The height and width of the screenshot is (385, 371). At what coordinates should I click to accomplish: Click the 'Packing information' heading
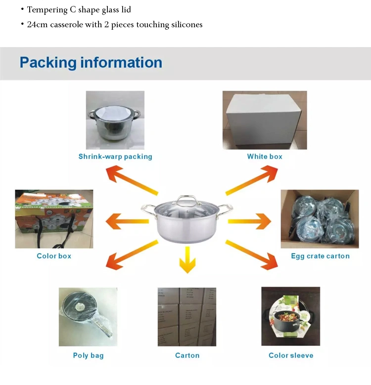(91, 62)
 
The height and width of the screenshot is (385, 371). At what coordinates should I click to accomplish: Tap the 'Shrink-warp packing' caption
(115, 157)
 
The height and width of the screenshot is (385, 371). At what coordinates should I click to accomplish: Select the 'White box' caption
(265, 157)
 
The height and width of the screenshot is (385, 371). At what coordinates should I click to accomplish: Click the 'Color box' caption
(54, 256)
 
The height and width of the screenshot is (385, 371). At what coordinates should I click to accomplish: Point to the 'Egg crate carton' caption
(320, 256)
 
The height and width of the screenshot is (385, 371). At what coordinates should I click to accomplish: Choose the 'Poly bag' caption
(88, 356)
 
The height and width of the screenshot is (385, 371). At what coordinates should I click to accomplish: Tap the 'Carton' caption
(187, 355)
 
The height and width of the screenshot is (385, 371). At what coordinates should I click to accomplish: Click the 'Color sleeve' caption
(291, 355)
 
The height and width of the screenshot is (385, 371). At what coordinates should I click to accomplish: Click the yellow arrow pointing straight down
(187, 260)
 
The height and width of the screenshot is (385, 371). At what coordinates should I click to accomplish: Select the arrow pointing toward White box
(252, 180)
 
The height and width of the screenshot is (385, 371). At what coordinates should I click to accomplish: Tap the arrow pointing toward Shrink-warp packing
(132, 180)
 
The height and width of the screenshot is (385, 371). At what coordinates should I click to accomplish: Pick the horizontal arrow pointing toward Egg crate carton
(249, 221)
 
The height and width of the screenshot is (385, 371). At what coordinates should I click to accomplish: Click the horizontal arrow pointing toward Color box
(127, 221)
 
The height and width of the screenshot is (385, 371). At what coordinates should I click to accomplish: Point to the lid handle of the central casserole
(187, 198)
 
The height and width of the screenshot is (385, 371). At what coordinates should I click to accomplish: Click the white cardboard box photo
(265, 120)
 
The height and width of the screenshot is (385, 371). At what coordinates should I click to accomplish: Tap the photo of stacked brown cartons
(187, 317)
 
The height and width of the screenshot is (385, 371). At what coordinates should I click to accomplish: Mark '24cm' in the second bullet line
(37, 25)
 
